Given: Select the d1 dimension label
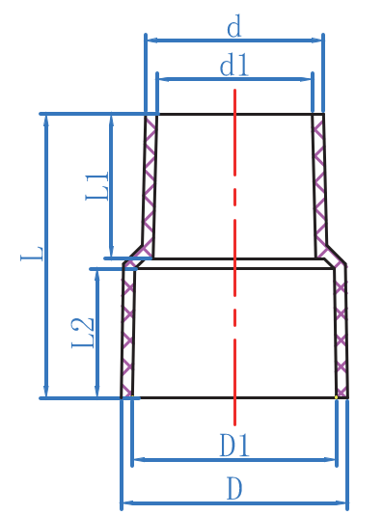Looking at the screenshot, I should (x=234, y=65).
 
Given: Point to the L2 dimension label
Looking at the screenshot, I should (x=83, y=333).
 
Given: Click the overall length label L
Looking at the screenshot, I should (x=32, y=254).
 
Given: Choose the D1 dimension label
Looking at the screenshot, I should (x=234, y=446).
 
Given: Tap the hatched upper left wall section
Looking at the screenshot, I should (x=150, y=183).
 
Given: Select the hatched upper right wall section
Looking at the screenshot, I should (x=319, y=183).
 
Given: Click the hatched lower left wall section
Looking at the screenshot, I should (x=127, y=333).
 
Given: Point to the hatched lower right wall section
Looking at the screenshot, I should (x=340, y=333).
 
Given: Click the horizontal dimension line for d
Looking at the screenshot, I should (x=234, y=41).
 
